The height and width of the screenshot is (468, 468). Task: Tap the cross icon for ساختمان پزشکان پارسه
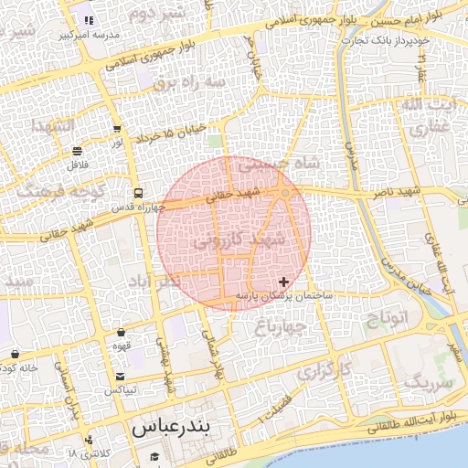[283, 282]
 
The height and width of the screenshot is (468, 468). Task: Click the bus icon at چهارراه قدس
[138, 193]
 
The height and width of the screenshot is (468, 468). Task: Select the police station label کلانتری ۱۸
[89, 453]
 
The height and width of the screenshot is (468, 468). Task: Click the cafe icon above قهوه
[122, 333]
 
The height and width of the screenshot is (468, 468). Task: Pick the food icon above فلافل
[77, 152]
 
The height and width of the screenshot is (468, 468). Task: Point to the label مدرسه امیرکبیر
[83, 36]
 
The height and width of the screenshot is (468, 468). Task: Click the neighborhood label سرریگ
[427, 381]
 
